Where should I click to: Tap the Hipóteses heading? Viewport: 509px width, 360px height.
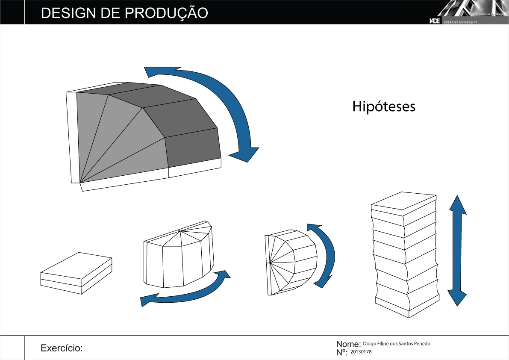coord(383,106)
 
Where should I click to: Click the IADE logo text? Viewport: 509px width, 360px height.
coord(434,21)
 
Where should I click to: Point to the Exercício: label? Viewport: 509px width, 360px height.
coord(61,348)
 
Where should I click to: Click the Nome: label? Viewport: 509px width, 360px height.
coord(348,344)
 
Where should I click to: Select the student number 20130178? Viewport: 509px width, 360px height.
coord(361,352)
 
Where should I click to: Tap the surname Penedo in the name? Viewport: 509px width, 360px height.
coord(421,344)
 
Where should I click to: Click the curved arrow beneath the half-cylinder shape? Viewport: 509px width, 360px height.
coord(188,291)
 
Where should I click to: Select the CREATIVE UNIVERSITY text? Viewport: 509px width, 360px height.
coord(460,22)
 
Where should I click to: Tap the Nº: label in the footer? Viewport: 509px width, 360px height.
coord(342,352)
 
